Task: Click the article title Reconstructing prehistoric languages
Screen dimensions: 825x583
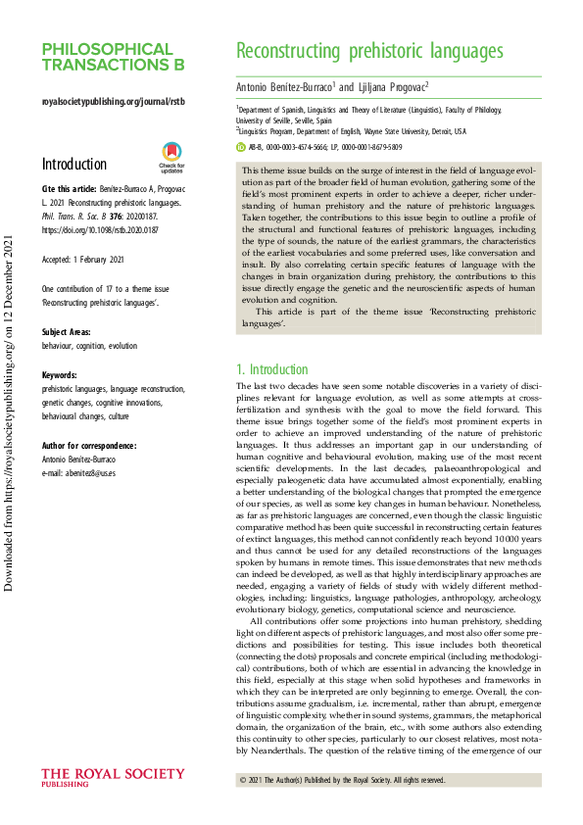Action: point(370,52)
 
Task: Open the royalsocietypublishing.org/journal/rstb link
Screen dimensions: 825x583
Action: point(113,102)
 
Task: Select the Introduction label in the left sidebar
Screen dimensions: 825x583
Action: point(74,164)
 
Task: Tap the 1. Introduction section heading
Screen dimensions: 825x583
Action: point(272,370)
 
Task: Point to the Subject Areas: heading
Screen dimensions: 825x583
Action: point(70,332)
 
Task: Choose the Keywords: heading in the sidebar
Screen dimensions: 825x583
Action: point(60,375)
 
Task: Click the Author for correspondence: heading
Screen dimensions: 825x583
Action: point(89,445)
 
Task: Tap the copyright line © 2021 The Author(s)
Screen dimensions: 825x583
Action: point(342,780)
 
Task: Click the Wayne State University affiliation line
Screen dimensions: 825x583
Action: point(351,130)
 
